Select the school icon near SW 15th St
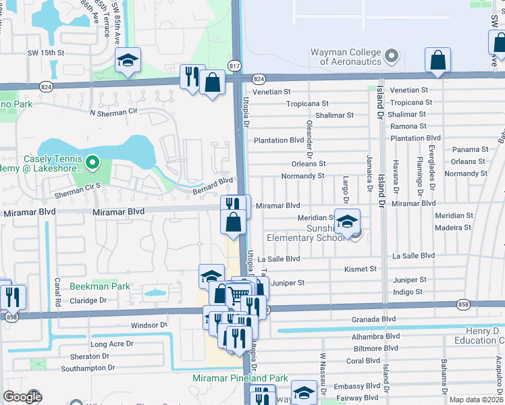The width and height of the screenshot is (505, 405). [x=127, y=61]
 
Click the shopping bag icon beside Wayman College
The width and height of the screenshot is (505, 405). [x=437, y=59]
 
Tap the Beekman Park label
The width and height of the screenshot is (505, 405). [x=100, y=286]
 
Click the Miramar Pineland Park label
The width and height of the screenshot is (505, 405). [x=240, y=379]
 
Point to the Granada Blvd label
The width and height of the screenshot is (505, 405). [x=373, y=319]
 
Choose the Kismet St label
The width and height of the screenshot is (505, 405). [x=359, y=269]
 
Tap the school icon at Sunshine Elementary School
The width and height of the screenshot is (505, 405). [x=347, y=221]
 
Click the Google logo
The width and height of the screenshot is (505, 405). [x=22, y=397]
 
